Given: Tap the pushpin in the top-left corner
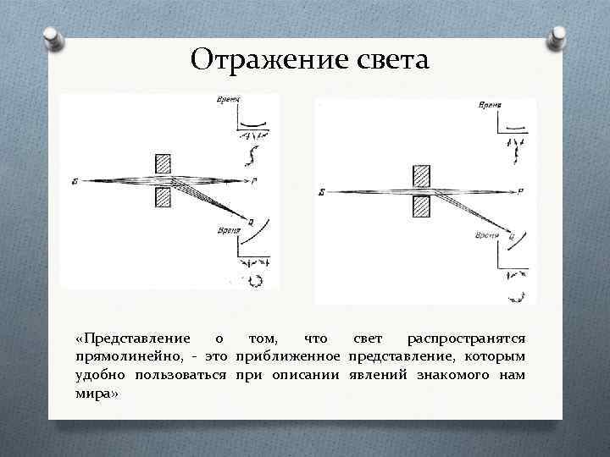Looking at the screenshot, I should pyautogui.click(x=52, y=38).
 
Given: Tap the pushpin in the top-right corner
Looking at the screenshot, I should pyautogui.click(x=559, y=38).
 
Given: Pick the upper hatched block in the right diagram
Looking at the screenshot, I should pyautogui.click(x=421, y=174).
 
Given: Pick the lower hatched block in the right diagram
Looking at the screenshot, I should pyautogui.click(x=421, y=206).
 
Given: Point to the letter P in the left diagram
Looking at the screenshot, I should pyautogui.click(x=255, y=181).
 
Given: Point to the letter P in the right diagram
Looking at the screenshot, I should pyautogui.click(x=520, y=191).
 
